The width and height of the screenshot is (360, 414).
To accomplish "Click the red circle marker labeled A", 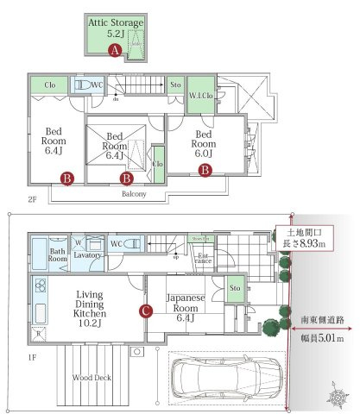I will coord(115,51).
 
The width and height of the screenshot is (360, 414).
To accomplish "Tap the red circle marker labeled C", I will coord(146,310).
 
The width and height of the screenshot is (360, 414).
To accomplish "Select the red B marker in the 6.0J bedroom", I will coord(205,171).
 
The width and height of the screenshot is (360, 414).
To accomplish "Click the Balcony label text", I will coord(133,194).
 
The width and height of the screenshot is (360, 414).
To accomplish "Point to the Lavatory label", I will coord(89,256).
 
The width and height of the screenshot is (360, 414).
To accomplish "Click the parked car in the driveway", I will coord(225,376).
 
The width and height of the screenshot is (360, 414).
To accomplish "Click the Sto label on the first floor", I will coord(233,288).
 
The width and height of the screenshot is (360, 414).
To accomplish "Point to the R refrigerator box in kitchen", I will coord(38,332).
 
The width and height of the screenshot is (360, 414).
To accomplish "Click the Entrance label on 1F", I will coord(203,258).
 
